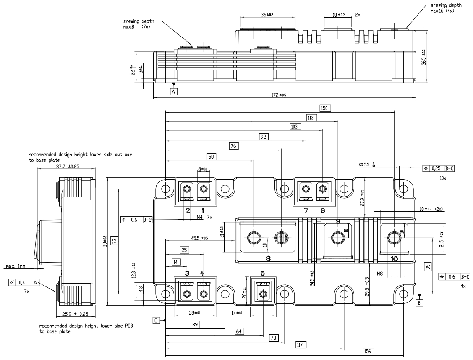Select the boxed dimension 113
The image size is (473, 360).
[311, 118]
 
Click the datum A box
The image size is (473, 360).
[174, 90]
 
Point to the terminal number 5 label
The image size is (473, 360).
[263, 273]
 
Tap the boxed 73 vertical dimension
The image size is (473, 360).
[114, 241]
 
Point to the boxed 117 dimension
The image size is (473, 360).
[300, 344]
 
